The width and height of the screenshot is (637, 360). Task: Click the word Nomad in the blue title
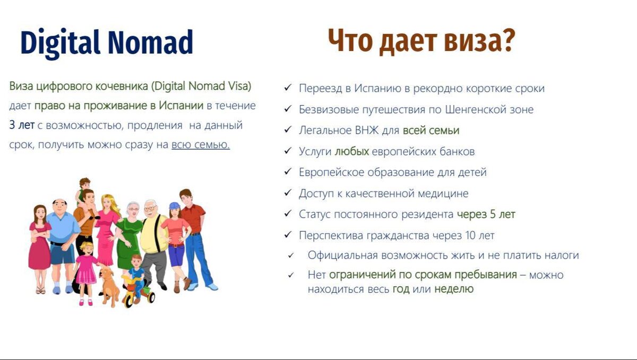click(x=150, y=42)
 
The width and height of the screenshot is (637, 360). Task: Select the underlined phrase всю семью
click(x=201, y=145)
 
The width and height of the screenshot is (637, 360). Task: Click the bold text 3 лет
click(x=22, y=125)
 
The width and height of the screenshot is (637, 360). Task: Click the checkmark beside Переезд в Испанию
click(x=288, y=88)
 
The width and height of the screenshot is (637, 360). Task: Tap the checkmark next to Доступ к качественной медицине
click(x=288, y=193)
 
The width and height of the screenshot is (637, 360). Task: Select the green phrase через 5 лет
click(x=486, y=215)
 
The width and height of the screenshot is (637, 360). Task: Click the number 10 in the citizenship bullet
click(x=470, y=235)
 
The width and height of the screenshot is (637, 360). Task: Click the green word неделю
click(x=454, y=289)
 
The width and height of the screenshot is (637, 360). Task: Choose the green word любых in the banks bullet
click(x=352, y=151)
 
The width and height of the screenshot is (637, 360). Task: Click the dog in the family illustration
click(x=109, y=286)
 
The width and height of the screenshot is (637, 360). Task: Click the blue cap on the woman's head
click(x=174, y=205)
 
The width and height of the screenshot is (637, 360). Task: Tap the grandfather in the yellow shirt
click(x=153, y=242)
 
